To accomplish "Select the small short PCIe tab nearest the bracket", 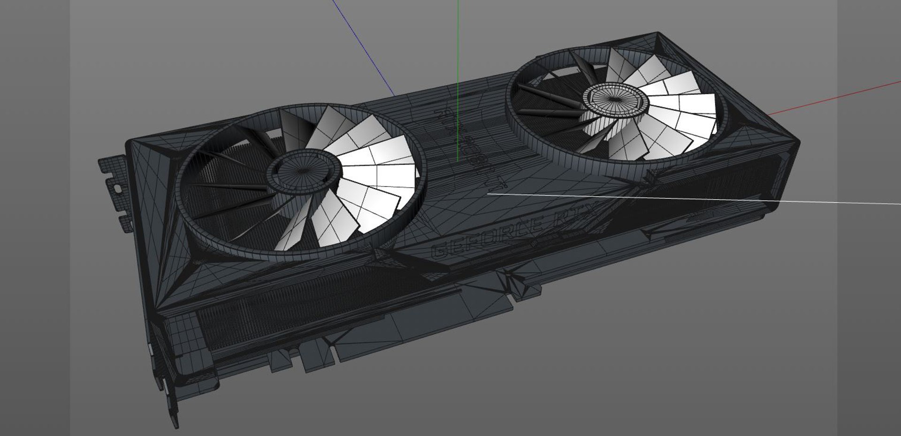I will click(x=282, y=359).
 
